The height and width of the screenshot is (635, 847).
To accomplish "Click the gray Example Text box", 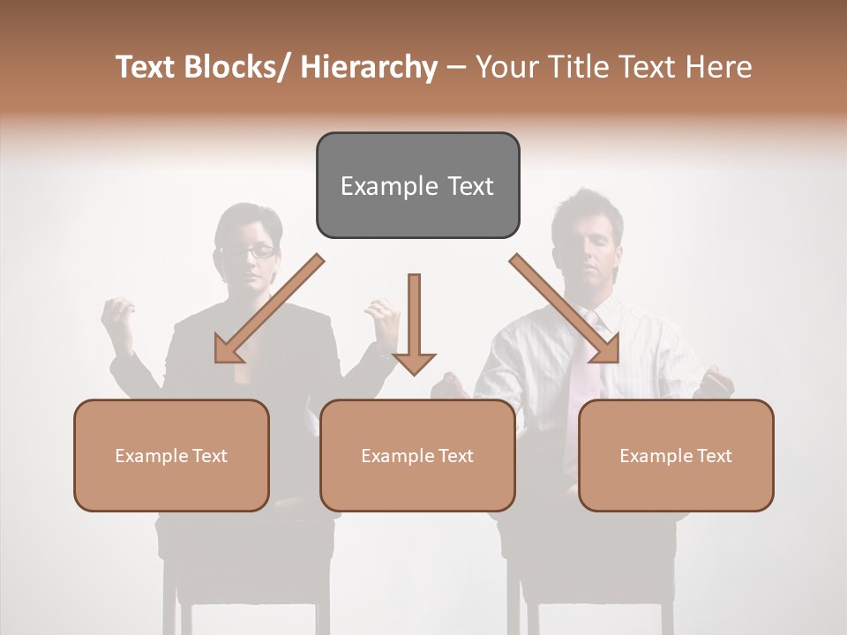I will (417, 185).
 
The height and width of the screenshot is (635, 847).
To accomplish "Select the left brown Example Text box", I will (171, 455).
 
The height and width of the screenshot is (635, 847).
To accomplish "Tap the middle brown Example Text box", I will (417, 455).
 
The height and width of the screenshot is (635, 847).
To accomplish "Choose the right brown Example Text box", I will (676, 455).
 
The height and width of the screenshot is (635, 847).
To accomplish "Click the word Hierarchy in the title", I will (369, 67).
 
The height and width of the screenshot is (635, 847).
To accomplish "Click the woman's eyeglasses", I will (249, 251).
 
